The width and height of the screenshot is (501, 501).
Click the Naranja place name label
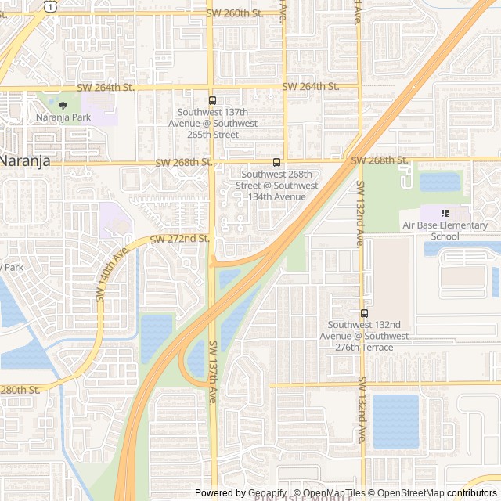pos(25,160)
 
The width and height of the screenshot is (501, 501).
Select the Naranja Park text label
pos(63,117)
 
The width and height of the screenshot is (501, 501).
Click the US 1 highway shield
pos(50,5)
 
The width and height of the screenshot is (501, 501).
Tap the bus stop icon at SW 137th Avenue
pos(212,100)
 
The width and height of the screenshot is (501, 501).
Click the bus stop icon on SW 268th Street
pos(276,162)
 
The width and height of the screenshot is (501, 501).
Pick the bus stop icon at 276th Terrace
pos(365,313)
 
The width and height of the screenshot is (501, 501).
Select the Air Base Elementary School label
pos(445,231)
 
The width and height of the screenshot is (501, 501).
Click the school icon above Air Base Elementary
pos(445,213)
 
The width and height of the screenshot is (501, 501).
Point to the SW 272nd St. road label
pos(179,238)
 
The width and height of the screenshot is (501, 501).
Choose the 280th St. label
pos(20,389)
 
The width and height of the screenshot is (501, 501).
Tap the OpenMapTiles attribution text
pos(329,493)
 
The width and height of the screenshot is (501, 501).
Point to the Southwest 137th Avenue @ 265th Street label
pos(217,123)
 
